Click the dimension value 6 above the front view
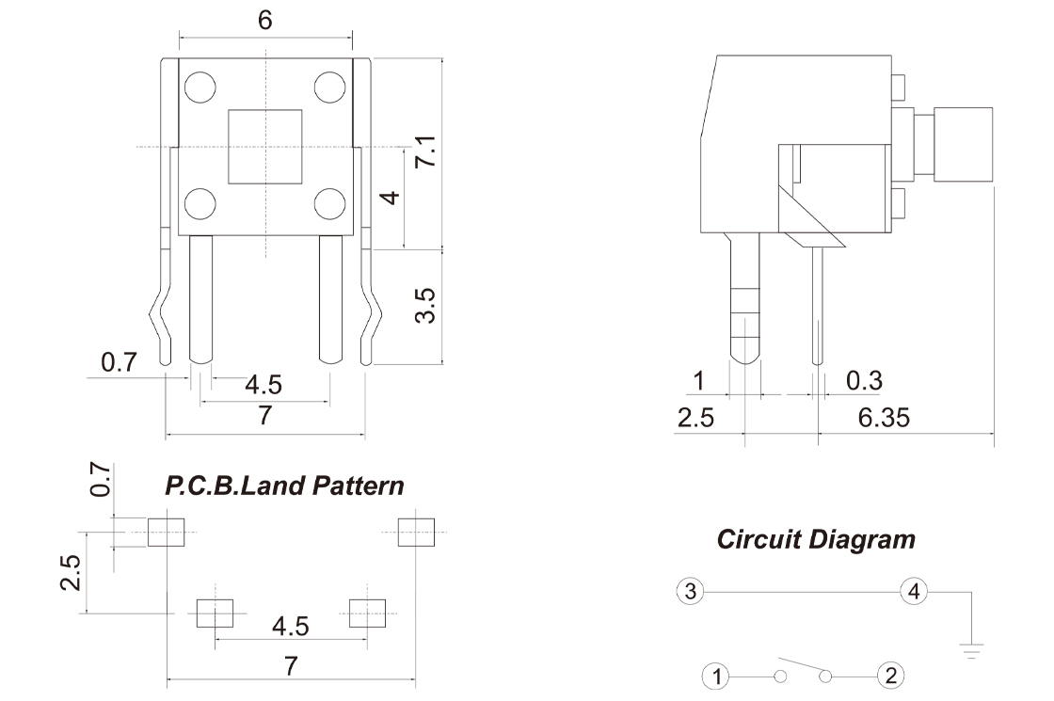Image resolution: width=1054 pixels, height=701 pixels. (x=264, y=20)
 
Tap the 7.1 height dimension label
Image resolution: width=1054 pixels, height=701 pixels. (x=425, y=151)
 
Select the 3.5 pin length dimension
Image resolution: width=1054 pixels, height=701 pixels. (x=425, y=306)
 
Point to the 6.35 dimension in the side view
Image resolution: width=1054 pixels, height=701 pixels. (x=884, y=418)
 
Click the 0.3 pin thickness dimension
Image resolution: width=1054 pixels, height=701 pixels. (x=864, y=380)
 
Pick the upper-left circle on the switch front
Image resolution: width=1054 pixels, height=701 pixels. (x=200, y=87)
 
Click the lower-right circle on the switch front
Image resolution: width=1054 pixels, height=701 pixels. (x=330, y=203)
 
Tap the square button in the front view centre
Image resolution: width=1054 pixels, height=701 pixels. (x=264, y=147)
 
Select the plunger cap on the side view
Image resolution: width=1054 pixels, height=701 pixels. (x=963, y=144)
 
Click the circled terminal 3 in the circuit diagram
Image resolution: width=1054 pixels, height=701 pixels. (x=691, y=592)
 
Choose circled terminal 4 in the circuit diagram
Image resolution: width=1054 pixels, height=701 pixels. (x=914, y=592)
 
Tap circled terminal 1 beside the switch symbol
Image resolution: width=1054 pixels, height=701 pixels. (x=716, y=677)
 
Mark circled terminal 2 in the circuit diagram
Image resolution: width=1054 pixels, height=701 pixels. (x=890, y=676)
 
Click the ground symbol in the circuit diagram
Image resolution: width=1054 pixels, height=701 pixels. (x=971, y=650)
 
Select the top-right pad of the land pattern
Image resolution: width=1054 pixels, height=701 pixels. (x=416, y=533)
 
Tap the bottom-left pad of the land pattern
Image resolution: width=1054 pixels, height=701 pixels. (x=216, y=613)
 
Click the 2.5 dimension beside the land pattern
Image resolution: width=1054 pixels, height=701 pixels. (x=71, y=572)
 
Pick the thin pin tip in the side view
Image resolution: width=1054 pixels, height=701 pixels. (x=817, y=361)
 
